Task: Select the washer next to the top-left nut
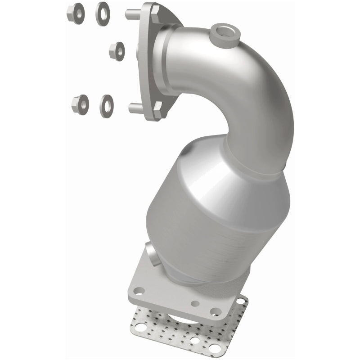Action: pos(103,13)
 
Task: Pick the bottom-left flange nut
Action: pos(80,105)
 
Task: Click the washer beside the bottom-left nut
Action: pos(107,105)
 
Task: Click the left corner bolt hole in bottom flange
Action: pos(140,291)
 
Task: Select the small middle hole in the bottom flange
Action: pos(194,304)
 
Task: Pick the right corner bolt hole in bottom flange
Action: pos(216,311)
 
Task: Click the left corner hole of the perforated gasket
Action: pos(141,328)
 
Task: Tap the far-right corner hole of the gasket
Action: pos(240,300)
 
